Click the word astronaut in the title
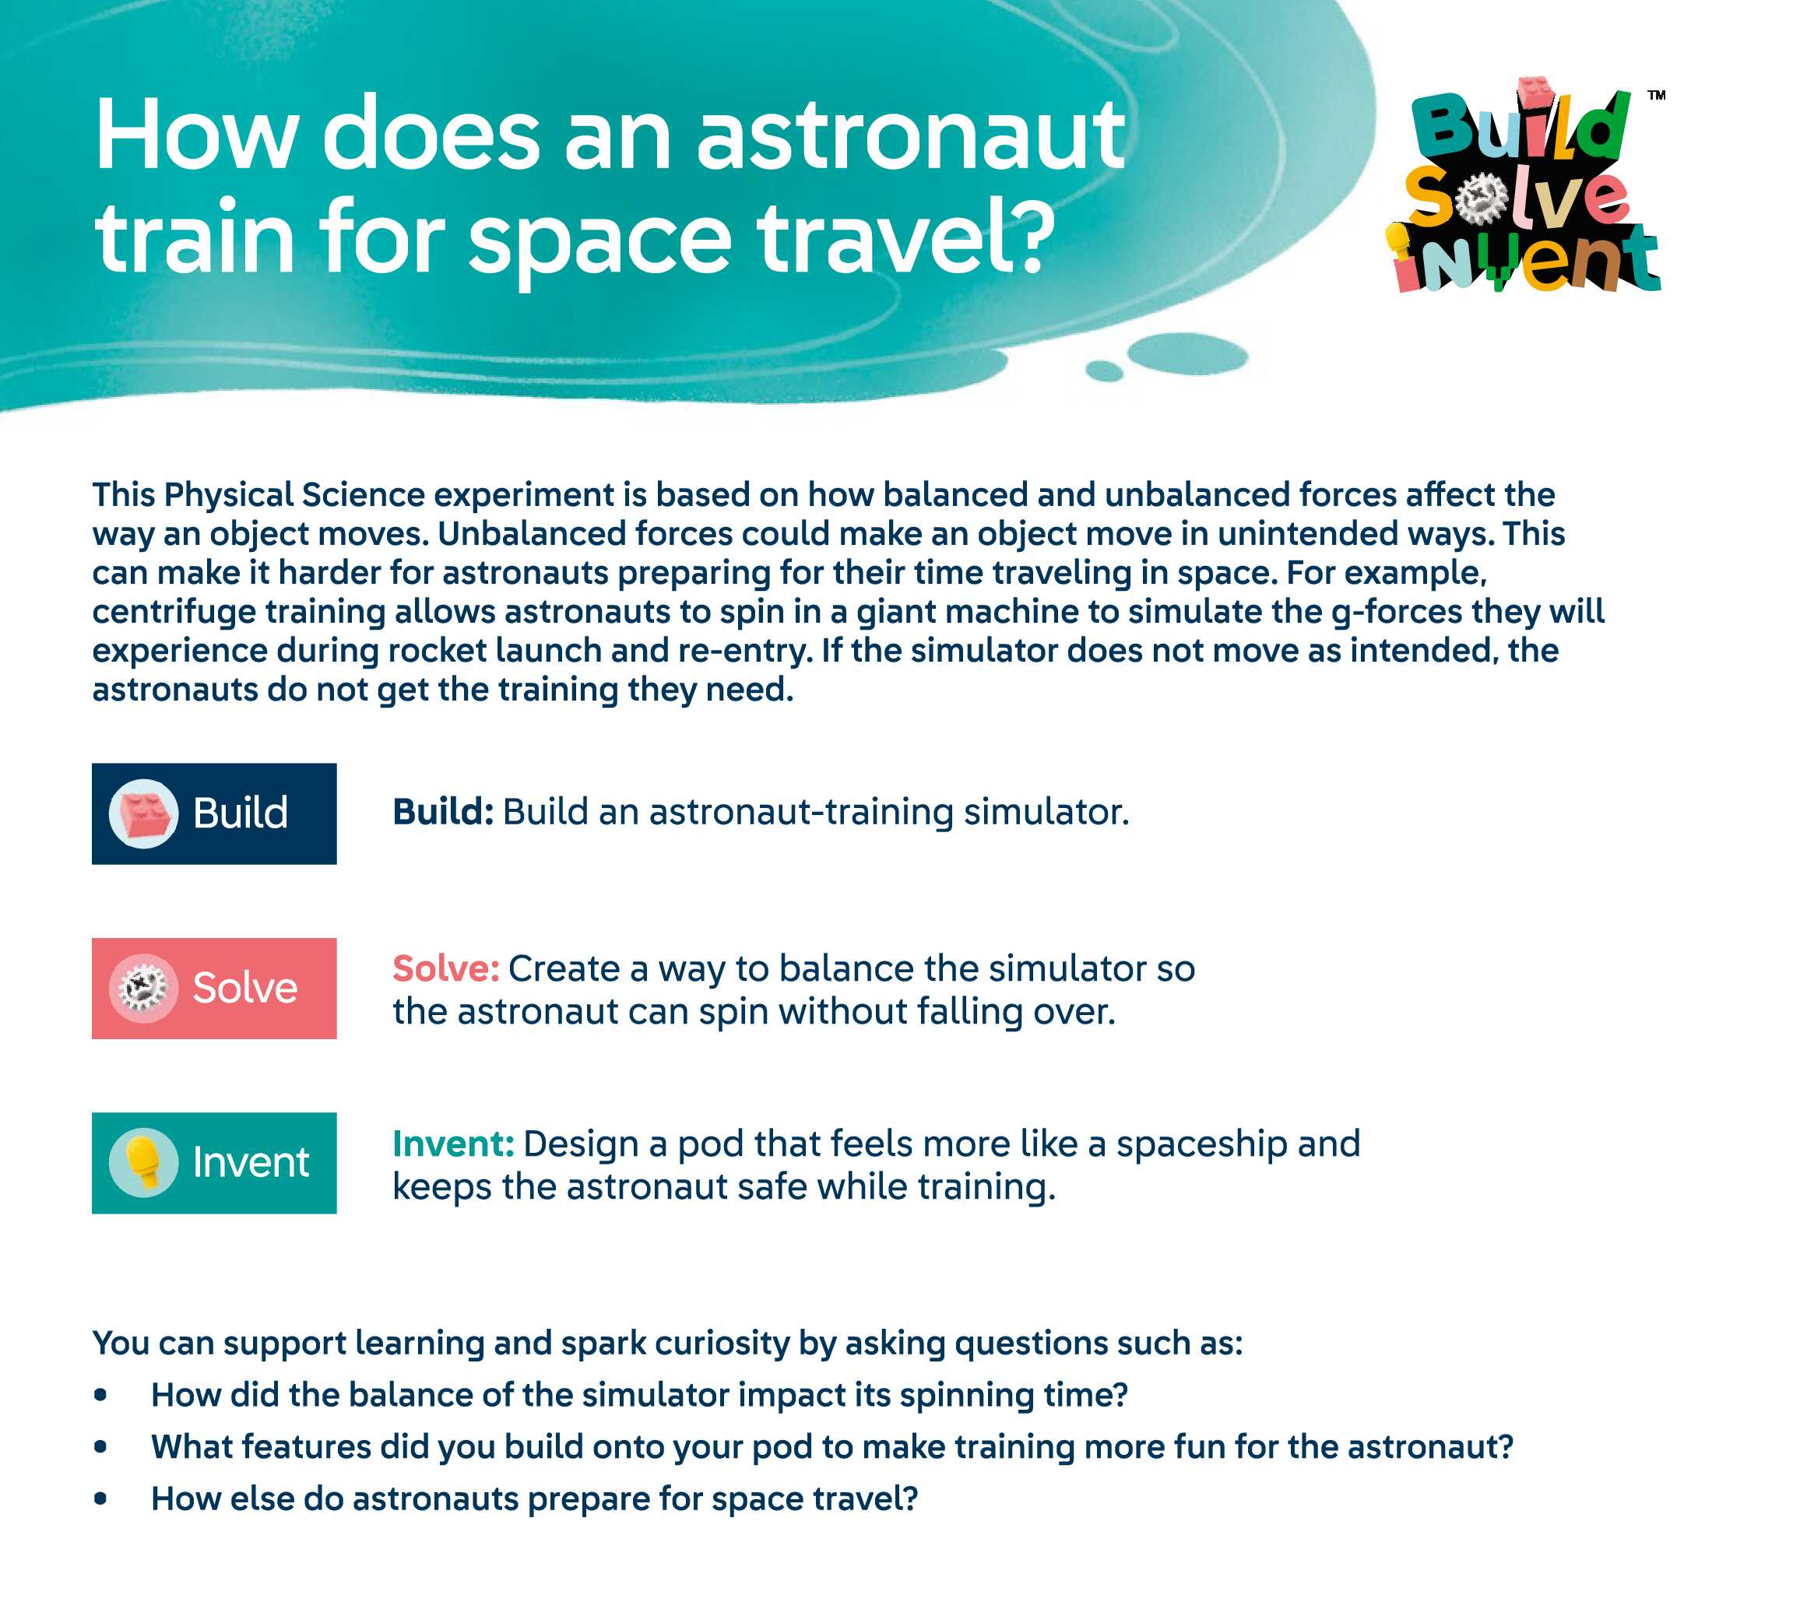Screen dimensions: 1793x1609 (x=911, y=137)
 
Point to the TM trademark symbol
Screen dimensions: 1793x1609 (x=1656, y=95)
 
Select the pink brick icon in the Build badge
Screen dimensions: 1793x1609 (x=144, y=813)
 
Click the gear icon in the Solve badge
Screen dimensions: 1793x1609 (x=143, y=989)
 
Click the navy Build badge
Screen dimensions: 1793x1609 (x=214, y=813)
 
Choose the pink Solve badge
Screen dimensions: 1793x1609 (x=214, y=989)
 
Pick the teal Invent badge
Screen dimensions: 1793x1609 (x=214, y=1162)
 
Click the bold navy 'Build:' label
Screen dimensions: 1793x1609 (x=443, y=812)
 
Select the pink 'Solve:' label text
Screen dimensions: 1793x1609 (x=446, y=969)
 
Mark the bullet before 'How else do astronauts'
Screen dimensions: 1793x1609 (x=100, y=1498)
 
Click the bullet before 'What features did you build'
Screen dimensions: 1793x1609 (x=100, y=1446)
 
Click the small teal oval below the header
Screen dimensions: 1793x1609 (x=1104, y=371)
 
